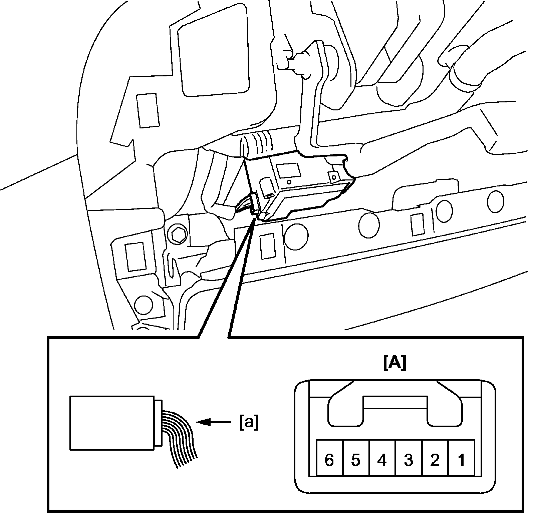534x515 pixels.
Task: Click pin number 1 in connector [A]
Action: (x=461, y=461)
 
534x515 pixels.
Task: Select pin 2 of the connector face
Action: (x=435, y=461)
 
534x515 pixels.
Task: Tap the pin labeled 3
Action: (x=409, y=461)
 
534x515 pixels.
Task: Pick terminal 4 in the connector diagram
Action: (x=382, y=461)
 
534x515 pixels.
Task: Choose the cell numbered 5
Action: (x=356, y=461)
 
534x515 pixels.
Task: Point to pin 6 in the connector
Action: (x=329, y=461)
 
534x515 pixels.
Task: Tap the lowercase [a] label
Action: (x=249, y=423)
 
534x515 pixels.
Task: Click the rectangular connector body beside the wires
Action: (x=112, y=422)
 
